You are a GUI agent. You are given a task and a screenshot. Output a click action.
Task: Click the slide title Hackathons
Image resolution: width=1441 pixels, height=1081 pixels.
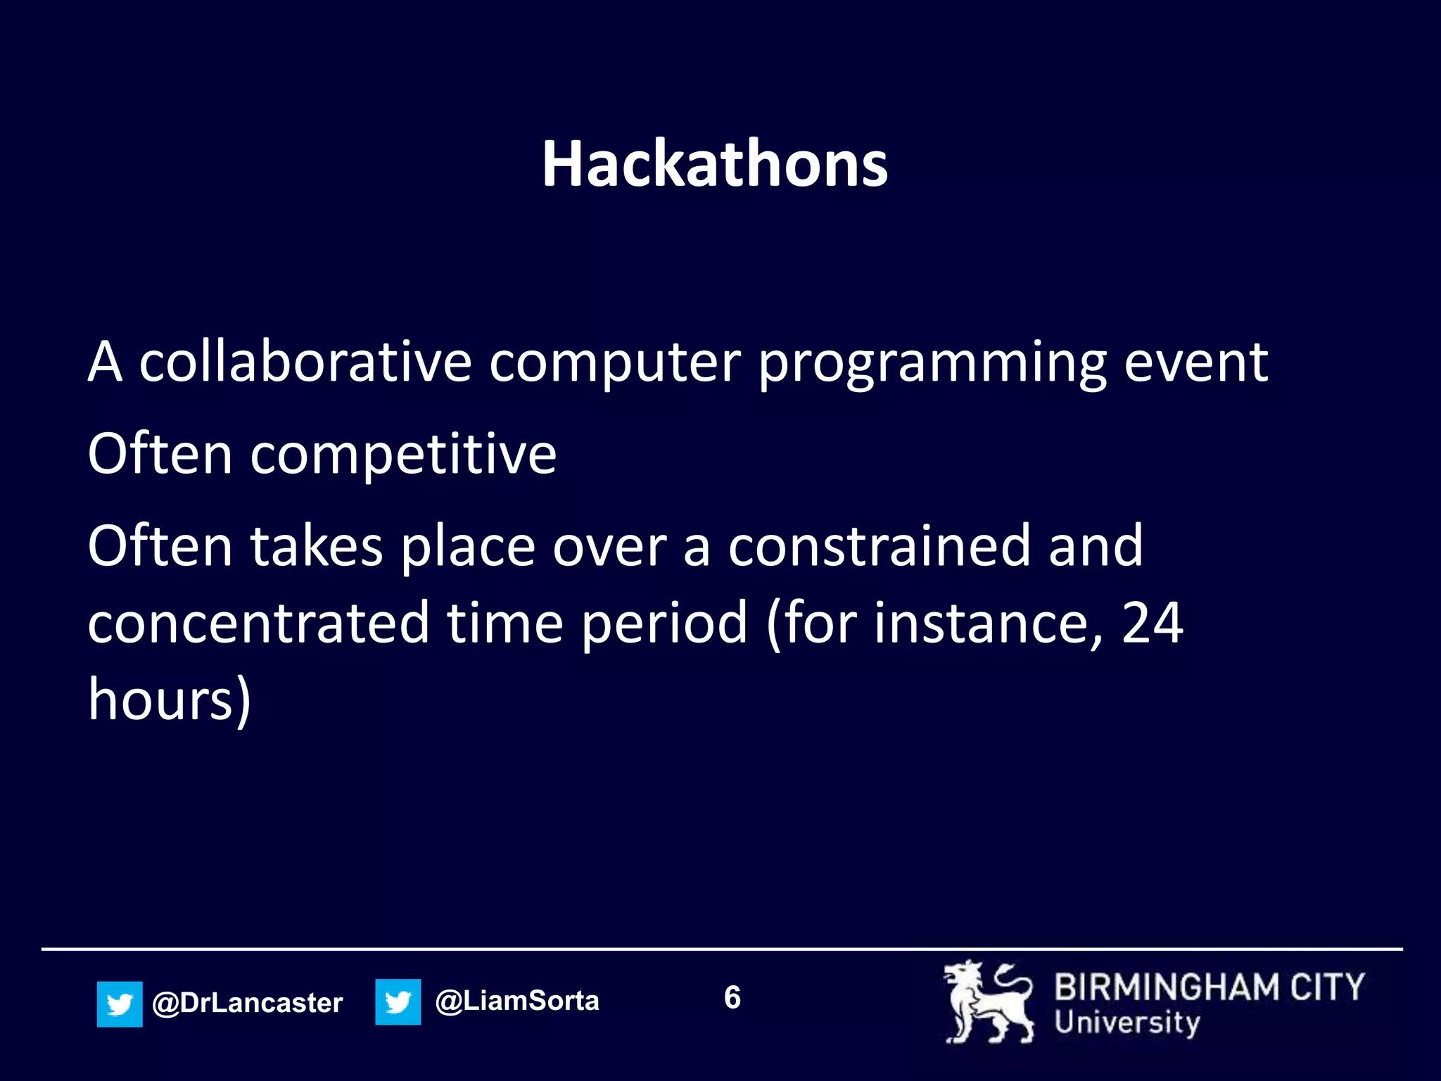point(714,164)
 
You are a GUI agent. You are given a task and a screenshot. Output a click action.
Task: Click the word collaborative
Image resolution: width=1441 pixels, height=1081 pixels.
point(305,362)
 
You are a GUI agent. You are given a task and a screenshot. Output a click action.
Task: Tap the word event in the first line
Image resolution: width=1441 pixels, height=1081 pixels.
point(1195,362)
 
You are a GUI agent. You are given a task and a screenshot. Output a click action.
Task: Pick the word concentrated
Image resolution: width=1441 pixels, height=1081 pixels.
point(258,624)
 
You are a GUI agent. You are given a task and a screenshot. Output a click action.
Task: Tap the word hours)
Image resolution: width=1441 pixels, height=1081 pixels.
point(169,701)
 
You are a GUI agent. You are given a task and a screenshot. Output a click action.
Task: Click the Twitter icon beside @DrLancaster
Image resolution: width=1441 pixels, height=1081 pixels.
point(120,1004)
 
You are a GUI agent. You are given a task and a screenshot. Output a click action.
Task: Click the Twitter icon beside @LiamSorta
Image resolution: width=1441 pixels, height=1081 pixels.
point(398,1001)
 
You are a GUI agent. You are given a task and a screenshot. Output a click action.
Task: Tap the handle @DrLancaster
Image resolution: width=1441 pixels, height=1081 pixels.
point(247,1003)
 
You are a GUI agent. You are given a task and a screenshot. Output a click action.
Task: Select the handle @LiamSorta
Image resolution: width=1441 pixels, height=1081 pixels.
point(517,1001)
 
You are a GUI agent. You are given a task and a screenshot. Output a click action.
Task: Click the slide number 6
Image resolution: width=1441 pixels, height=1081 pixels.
point(732,998)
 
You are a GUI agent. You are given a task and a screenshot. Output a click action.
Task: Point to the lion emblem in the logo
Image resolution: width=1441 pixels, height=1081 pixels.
point(987,1002)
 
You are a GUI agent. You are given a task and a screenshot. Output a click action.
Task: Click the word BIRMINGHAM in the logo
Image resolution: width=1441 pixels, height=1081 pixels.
point(1166,987)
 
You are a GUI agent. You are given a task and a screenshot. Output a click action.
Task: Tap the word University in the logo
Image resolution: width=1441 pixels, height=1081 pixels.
point(1126,1023)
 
